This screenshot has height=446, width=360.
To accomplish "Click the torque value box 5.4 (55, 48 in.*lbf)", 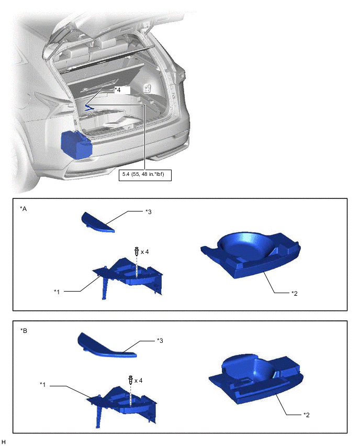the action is click(x=145, y=175).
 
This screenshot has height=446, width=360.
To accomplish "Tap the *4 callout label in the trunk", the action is click(x=117, y=90).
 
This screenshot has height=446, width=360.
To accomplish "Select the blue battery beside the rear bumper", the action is click(x=76, y=144).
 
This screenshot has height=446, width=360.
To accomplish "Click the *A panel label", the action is click(x=24, y=209).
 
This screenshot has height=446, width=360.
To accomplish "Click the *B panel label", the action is click(x=24, y=331).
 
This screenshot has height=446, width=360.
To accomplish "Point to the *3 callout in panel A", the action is click(x=149, y=211).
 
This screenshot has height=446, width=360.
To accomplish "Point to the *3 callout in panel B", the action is click(x=160, y=340).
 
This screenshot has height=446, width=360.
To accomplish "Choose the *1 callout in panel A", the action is click(x=57, y=292).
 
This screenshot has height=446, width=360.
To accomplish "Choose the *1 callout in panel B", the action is click(x=43, y=385).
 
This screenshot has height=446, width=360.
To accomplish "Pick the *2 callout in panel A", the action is click(x=294, y=294).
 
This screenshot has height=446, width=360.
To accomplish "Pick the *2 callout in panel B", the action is click(x=306, y=415).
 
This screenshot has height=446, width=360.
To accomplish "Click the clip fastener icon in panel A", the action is click(x=137, y=251).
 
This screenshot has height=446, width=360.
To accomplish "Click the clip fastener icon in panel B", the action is click(x=131, y=380).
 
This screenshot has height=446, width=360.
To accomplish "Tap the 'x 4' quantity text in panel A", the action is click(x=145, y=252).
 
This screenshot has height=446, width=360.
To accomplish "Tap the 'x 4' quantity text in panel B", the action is click(x=139, y=381).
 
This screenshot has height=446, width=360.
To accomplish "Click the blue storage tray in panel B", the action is click(x=256, y=378).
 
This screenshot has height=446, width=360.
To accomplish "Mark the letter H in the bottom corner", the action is click(x=4, y=441).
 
